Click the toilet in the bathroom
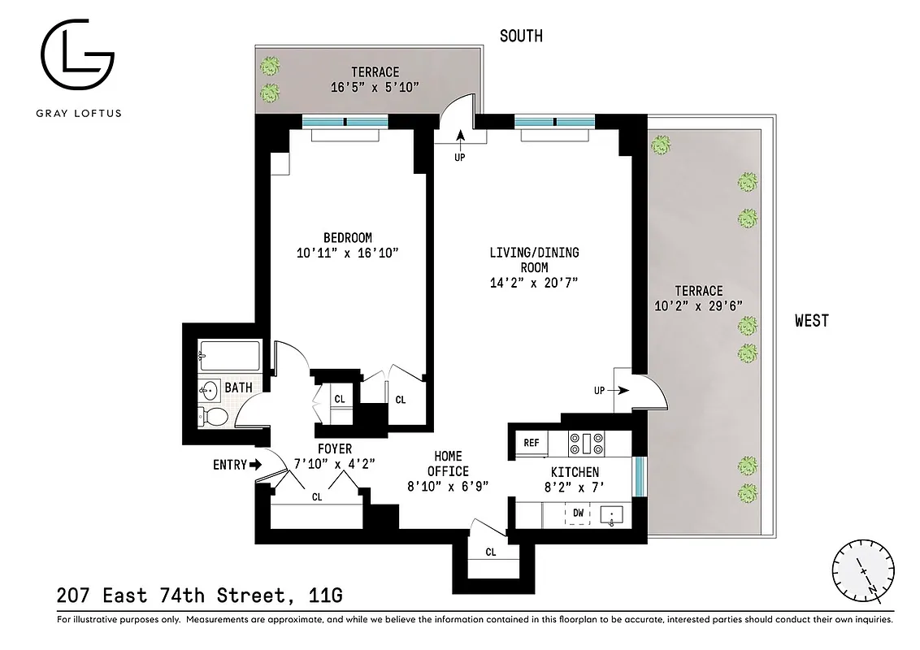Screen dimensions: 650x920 214,417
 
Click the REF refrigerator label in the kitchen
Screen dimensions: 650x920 532,443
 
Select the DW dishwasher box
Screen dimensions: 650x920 578,513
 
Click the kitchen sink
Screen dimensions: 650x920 612,514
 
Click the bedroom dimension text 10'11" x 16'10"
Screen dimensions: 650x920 347,253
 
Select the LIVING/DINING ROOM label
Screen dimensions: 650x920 533,260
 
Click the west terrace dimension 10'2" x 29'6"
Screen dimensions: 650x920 698,306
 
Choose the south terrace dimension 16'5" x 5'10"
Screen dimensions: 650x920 375,87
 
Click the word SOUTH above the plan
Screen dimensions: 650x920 521,36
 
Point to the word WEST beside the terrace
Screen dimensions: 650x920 812,321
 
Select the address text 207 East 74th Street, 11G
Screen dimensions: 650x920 200,596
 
